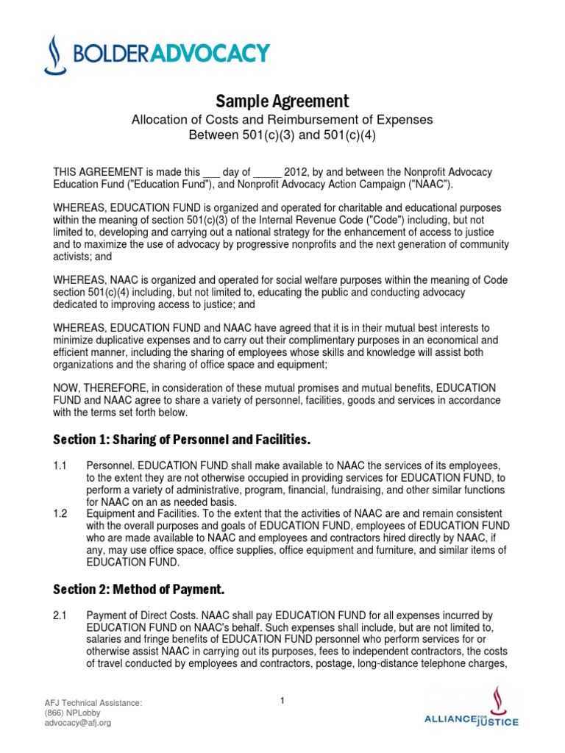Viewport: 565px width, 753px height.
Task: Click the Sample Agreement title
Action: pos(282,101)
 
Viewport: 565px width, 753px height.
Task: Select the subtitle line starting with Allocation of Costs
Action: pos(282,119)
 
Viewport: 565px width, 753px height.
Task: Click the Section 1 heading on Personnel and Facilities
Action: pos(182,440)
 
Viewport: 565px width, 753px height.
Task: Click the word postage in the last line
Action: pos(327,663)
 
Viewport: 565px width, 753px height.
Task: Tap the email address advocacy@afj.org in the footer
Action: pos(78,722)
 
